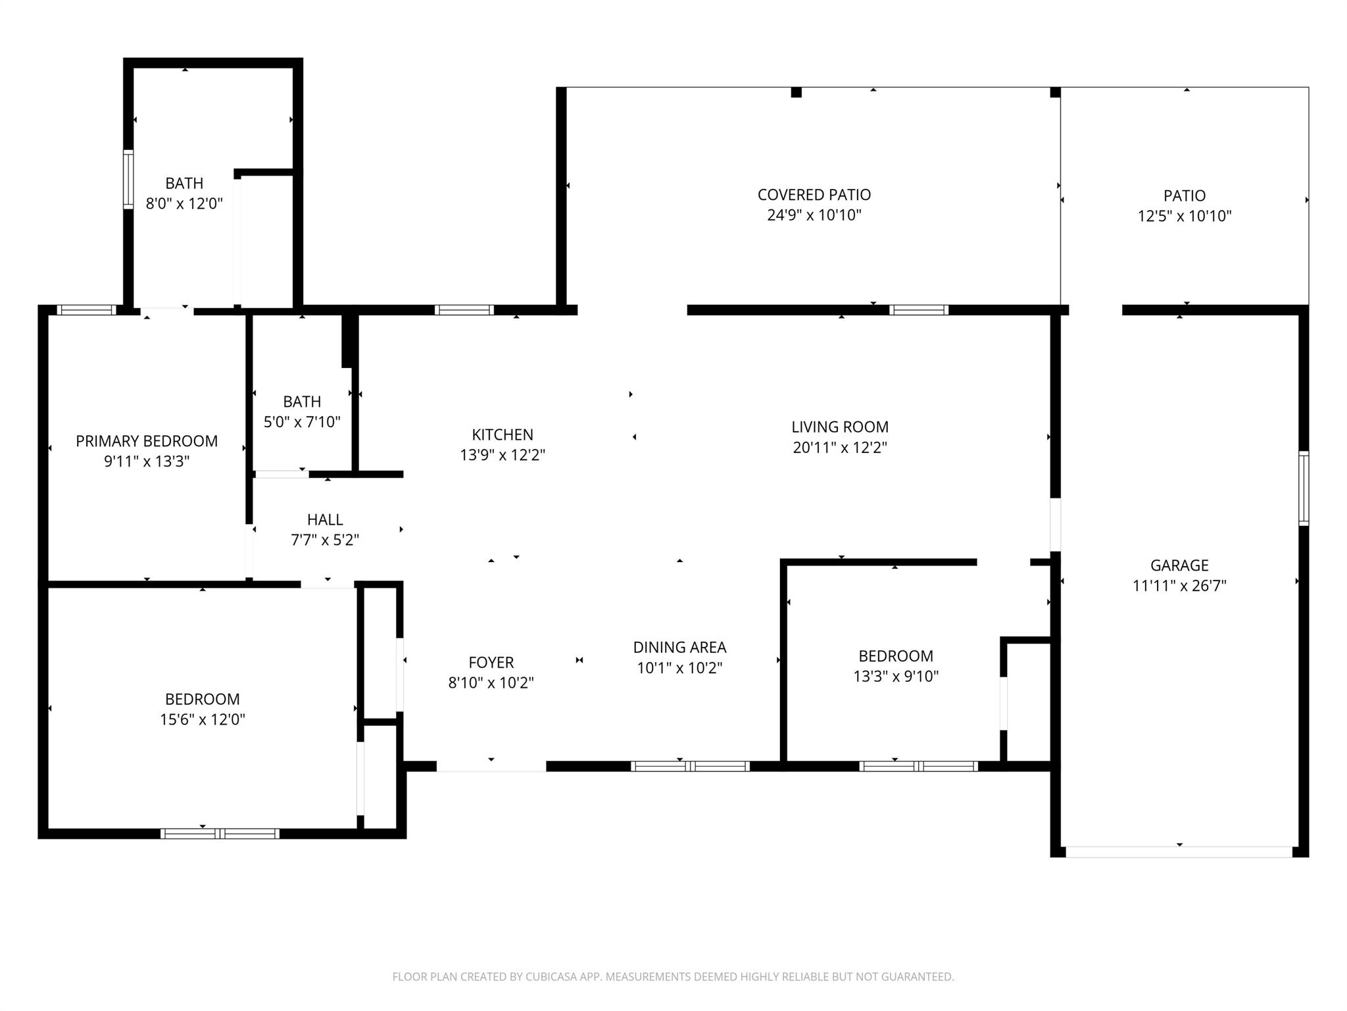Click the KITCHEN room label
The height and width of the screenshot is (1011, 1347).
[x=502, y=434]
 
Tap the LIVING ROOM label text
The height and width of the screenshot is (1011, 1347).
[x=839, y=427]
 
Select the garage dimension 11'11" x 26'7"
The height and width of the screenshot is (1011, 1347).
[x=1179, y=585]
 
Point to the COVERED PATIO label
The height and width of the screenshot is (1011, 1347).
[x=814, y=195]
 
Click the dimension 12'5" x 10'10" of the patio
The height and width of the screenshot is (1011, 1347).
[x=1184, y=216]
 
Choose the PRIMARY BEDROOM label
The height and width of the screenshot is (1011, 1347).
[x=147, y=441]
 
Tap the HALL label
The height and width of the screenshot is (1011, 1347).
[x=325, y=519]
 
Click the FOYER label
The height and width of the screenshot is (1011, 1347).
[x=491, y=662]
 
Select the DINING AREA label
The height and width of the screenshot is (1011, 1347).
[x=679, y=647]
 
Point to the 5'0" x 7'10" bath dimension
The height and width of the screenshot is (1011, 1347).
[x=302, y=422]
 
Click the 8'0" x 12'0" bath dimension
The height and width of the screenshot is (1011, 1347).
[x=184, y=203]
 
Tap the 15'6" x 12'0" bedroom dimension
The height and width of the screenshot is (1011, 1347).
[x=203, y=719]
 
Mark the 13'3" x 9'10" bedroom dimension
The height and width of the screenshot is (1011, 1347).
[x=896, y=676]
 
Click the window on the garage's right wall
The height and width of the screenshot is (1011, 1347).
[x=1303, y=488]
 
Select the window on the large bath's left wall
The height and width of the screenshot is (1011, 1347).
[x=128, y=180]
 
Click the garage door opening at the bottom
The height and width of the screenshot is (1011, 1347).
[x=1179, y=852]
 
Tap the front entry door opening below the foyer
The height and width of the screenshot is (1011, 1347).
[x=491, y=766]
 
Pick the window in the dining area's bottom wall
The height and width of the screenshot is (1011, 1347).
[x=689, y=766]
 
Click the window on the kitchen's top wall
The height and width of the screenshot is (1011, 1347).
[x=464, y=310]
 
